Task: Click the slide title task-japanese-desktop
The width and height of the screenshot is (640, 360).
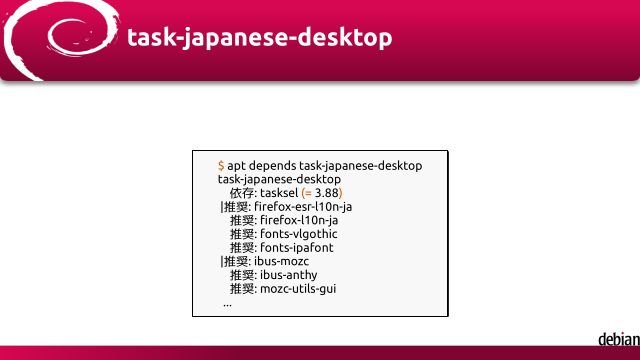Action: coord(260,38)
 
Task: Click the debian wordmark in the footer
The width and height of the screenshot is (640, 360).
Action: coord(619,339)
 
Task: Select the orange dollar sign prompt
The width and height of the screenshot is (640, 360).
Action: coord(221,166)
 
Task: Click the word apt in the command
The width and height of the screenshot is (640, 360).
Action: coord(236,166)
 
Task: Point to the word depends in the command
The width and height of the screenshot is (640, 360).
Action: coord(272,166)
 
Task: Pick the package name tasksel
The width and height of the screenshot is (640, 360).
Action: coord(279,193)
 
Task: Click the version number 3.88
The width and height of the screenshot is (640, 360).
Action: coord(327,193)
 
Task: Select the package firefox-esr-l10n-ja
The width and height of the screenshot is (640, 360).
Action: coord(303,207)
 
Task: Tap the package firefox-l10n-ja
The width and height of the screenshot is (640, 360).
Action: coord(299,220)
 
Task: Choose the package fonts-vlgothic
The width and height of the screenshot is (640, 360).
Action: coord(299,234)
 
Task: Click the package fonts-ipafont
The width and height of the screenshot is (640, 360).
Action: coord(297,247)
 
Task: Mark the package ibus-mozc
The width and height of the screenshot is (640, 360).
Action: coord(282,261)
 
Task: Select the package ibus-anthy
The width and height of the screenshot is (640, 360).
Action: coord(289,275)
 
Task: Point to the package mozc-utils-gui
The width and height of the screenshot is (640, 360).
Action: coord(298,289)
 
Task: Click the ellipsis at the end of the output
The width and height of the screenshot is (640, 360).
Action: coord(227,305)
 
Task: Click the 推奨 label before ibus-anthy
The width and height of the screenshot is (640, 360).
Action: coord(242,275)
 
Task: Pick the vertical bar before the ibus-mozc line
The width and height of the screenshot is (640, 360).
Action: coord(222,261)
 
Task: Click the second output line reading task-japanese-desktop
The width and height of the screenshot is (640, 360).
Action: coord(279,179)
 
